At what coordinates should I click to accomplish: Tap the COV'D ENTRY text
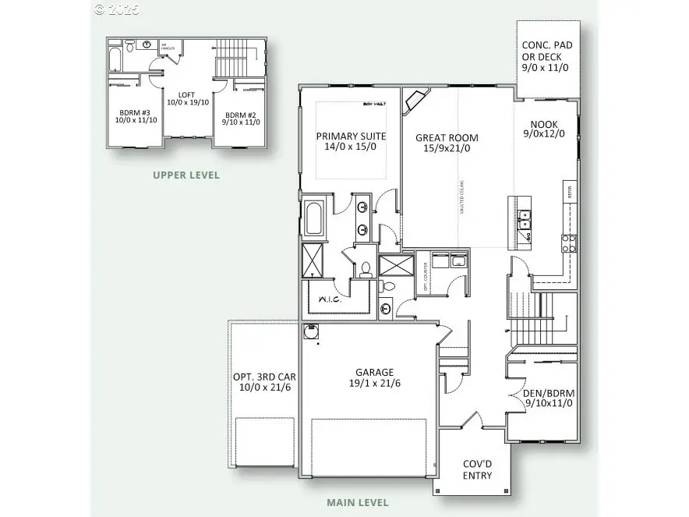(x=478, y=469)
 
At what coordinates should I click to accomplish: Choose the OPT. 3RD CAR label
(x=264, y=381)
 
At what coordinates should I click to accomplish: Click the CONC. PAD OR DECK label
(x=546, y=56)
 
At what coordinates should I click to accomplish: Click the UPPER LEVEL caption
(x=185, y=175)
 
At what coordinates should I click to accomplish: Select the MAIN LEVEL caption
(x=358, y=503)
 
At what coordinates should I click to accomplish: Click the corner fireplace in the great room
(x=415, y=101)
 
